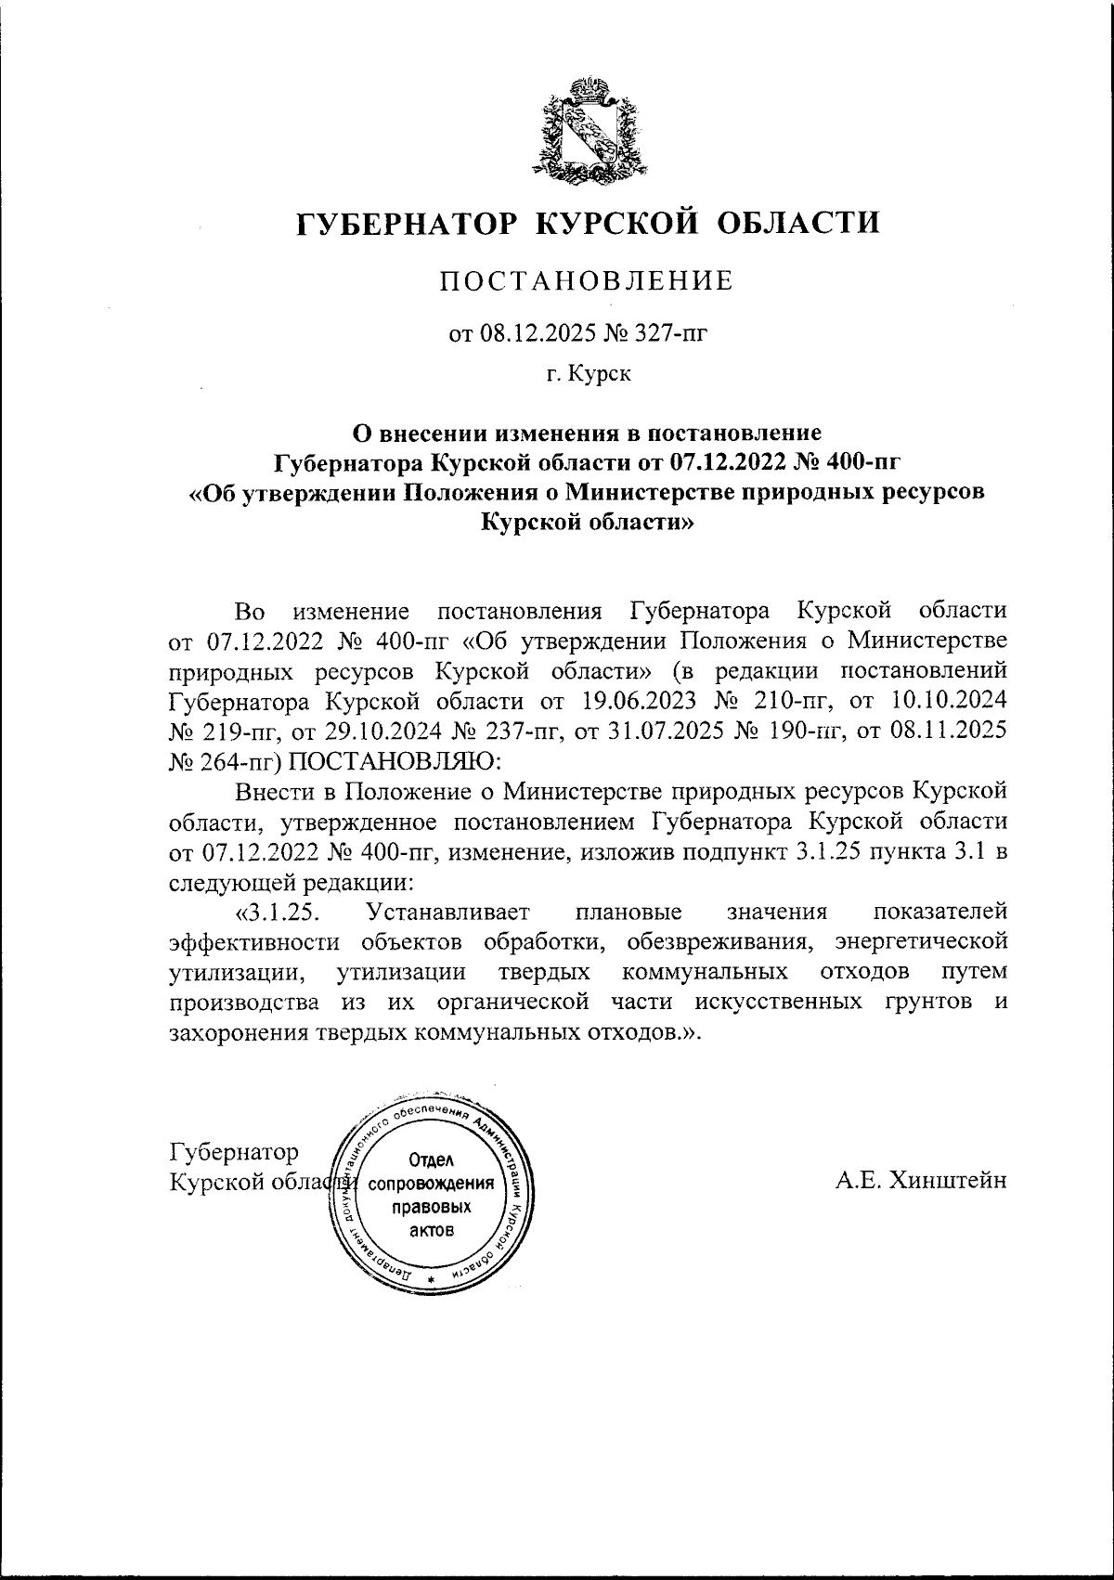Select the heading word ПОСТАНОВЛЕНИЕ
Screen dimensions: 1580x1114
[x=587, y=280]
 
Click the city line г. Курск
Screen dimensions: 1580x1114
[x=588, y=375]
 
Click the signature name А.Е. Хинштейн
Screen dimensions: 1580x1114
[x=921, y=1180]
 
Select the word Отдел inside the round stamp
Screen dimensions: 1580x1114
[x=430, y=1161]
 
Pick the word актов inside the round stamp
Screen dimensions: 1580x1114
[x=431, y=1231]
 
